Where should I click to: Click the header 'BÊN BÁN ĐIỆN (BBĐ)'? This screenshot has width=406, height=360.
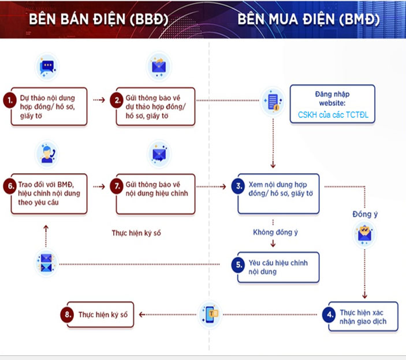click(x=99, y=19)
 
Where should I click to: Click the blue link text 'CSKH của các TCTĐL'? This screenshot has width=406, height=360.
click(x=332, y=115)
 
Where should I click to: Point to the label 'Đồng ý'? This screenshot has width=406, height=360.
click(x=365, y=214)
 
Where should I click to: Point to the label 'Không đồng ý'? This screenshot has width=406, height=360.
click(x=275, y=232)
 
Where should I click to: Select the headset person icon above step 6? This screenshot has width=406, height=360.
click(x=46, y=154)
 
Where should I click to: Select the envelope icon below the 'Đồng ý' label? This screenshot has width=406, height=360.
click(x=365, y=234)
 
